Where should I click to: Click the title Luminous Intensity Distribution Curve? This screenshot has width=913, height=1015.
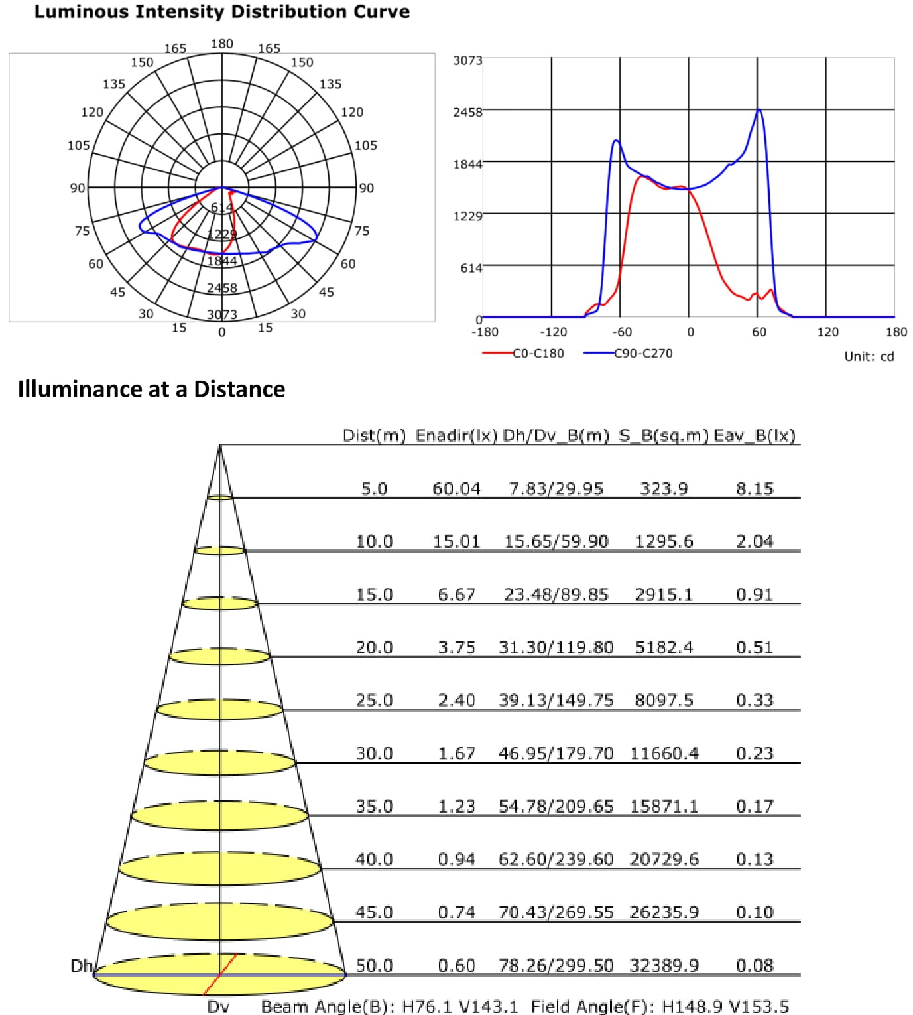(x=221, y=12)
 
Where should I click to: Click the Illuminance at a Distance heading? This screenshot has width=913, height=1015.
(x=151, y=389)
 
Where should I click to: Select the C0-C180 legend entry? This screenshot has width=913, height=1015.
(x=538, y=354)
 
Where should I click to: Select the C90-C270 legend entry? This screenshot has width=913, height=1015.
(x=642, y=354)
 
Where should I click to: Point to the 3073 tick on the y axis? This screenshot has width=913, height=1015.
(x=467, y=60)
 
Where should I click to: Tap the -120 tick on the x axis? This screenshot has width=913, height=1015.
(x=553, y=332)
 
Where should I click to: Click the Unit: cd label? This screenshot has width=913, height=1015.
(x=869, y=356)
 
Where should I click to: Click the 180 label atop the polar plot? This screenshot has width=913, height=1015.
(x=221, y=44)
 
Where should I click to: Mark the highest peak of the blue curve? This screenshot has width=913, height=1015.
(x=759, y=110)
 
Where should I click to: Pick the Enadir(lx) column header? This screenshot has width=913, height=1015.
(x=456, y=436)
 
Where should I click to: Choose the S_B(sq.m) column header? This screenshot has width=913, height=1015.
(x=664, y=436)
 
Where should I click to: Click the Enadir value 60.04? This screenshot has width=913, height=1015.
(x=456, y=489)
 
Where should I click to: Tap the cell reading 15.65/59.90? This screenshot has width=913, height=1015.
(x=556, y=542)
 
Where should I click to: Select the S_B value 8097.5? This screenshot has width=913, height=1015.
(x=664, y=701)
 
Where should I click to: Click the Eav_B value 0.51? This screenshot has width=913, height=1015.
(x=755, y=647)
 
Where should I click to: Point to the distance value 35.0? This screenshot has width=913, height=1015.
(x=374, y=807)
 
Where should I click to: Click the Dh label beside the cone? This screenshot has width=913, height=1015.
(x=81, y=966)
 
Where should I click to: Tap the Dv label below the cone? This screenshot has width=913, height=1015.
(x=218, y=1007)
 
